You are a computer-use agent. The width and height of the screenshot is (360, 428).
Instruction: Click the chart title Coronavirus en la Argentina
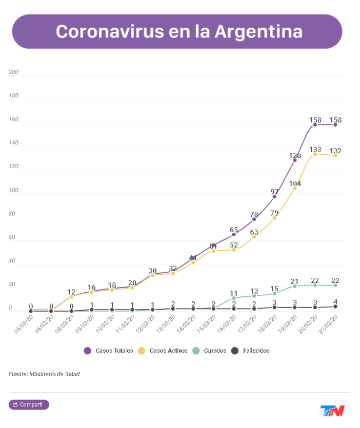178,31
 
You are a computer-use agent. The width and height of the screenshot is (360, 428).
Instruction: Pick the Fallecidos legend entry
250,351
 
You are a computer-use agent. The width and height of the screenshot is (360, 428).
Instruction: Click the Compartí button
29,405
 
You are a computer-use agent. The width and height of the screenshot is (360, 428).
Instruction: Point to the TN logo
332,411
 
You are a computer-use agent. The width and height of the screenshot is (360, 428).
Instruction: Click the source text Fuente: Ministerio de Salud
44,374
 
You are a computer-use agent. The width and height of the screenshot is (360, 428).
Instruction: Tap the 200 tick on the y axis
13,72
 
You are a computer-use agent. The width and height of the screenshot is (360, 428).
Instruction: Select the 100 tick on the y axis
13,191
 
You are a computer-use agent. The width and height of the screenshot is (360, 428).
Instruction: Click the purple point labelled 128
295,160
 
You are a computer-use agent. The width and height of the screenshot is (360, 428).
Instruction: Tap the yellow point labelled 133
315,154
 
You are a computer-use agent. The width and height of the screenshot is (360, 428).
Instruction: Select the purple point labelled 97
274,196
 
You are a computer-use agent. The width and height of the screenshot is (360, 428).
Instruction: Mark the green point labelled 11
234,298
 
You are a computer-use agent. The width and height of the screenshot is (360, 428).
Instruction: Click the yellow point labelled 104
295,188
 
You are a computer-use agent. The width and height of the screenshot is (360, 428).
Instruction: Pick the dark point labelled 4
335,307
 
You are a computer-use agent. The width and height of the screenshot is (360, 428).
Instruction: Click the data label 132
335,151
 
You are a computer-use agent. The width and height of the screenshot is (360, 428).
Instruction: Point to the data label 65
234,230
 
